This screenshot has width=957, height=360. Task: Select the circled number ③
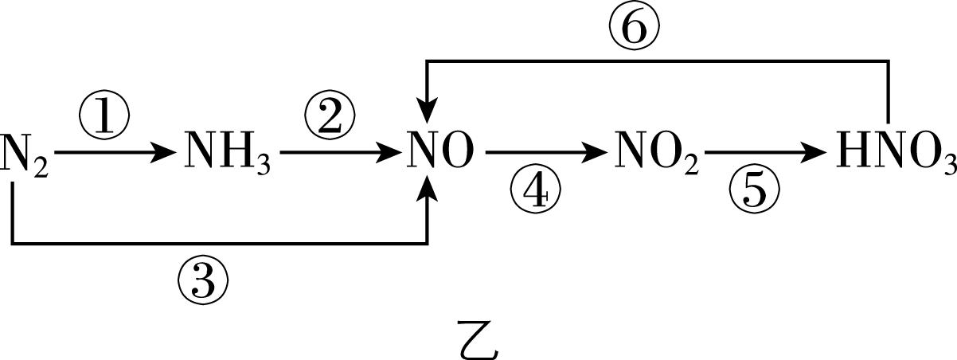(x=203, y=278)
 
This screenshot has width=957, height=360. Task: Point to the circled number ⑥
(x=635, y=31)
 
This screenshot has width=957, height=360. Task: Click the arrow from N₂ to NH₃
(x=115, y=151)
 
